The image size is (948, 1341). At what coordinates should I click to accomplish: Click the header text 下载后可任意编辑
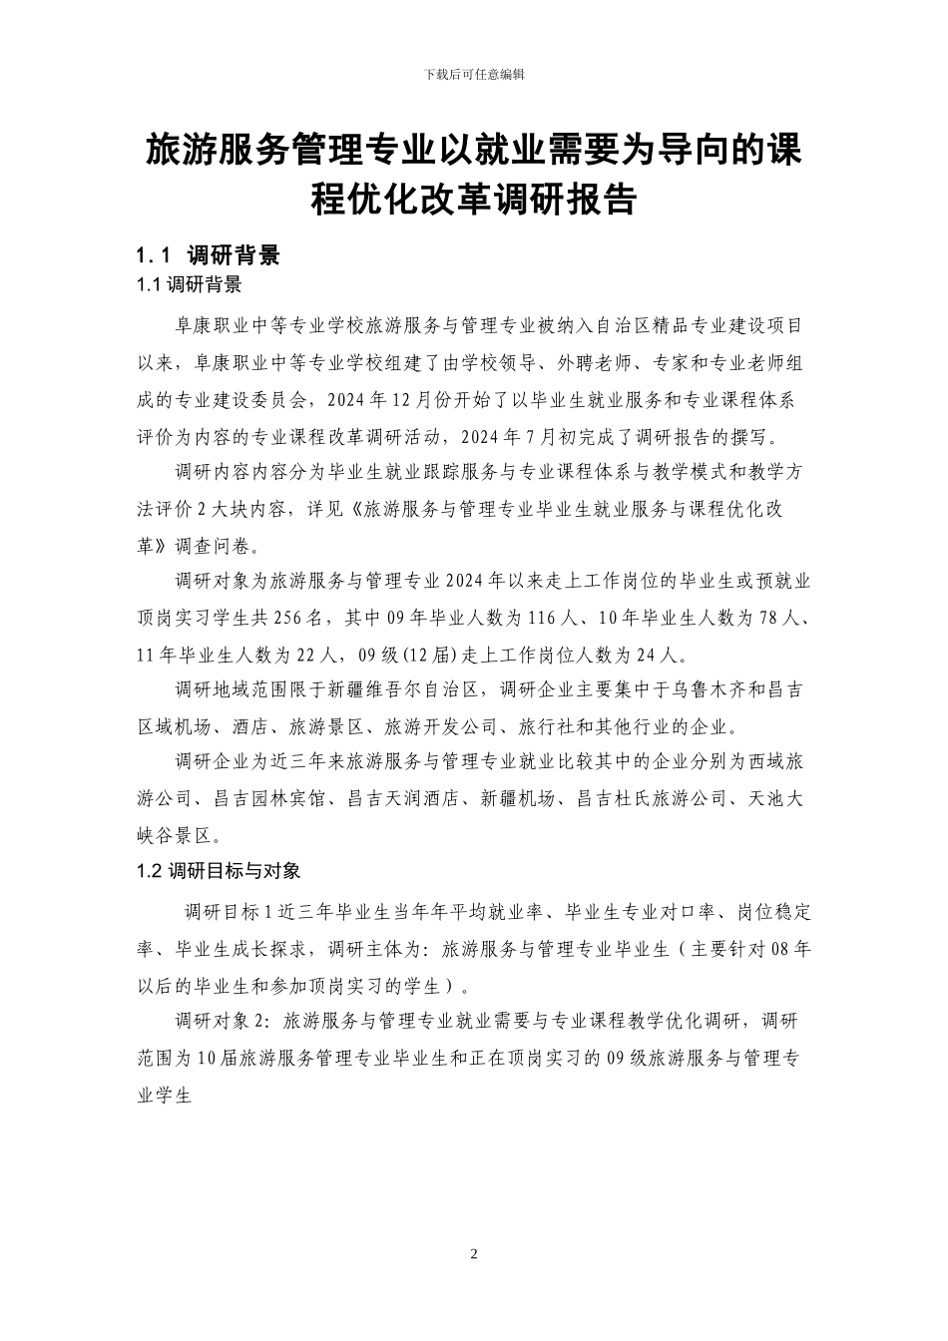474,75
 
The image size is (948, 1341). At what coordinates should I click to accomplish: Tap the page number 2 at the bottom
474,1253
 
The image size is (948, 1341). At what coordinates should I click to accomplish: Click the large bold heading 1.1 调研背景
209,255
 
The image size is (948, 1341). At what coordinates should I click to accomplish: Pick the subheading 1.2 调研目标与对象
219,871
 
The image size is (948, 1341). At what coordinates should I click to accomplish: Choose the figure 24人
662,655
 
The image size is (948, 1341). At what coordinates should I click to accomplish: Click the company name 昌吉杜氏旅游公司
652,799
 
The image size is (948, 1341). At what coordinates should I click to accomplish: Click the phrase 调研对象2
222,1022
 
